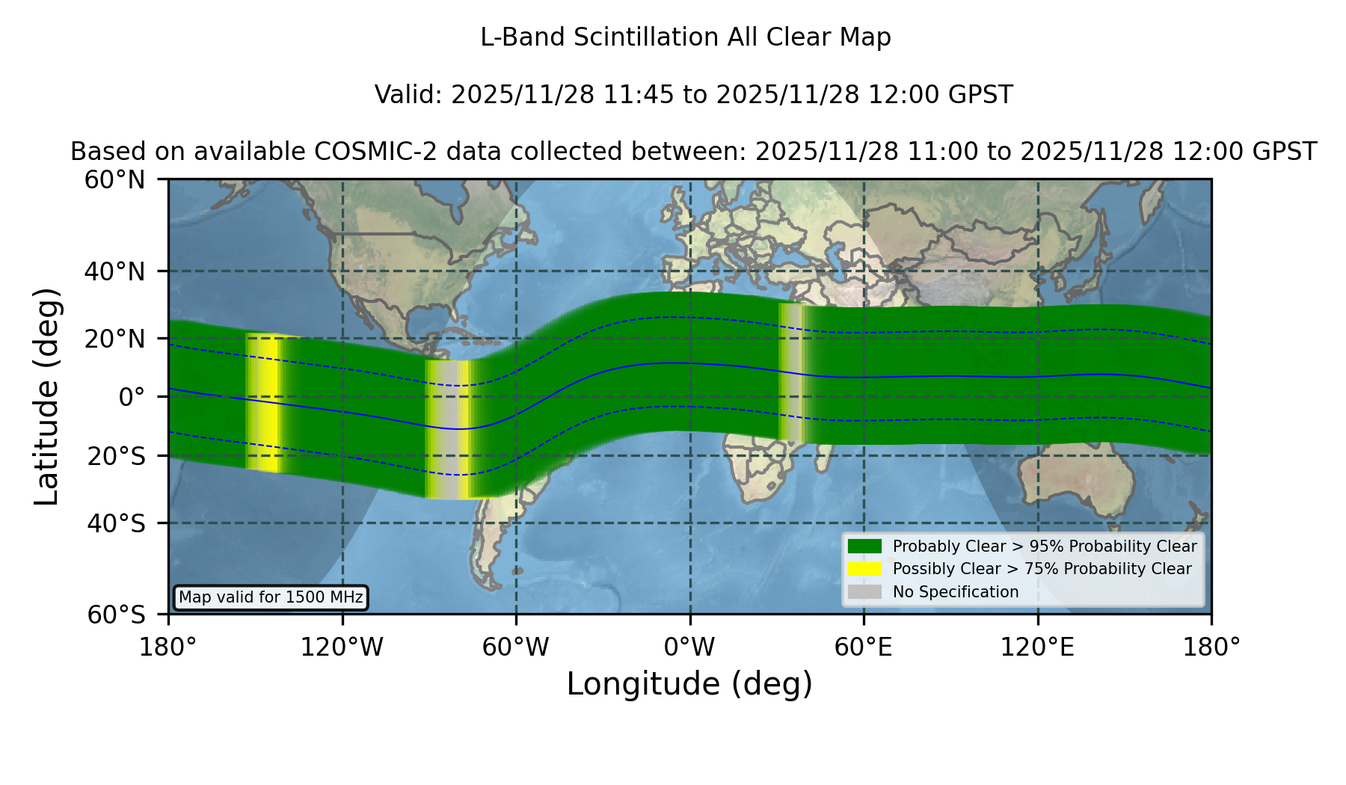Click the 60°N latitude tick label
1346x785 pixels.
point(114,180)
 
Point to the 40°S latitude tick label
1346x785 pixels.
point(116,523)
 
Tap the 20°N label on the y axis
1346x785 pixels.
point(114,339)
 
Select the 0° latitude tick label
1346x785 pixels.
point(132,397)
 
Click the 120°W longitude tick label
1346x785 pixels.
point(342,647)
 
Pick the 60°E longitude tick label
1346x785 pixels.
point(864,647)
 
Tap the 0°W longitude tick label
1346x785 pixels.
point(689,647)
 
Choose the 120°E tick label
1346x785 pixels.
point(1037,647)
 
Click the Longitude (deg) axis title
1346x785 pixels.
point(689,684)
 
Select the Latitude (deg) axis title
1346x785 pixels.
point(47,396)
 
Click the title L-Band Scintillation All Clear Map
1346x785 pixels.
point(686,37)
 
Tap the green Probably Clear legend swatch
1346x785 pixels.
point(864,546)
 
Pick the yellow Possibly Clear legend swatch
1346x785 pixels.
point(864,569)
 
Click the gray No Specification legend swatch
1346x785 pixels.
point(864,592)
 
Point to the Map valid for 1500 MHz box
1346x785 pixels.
point(271,597)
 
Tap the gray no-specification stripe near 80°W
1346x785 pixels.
point(448,430)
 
